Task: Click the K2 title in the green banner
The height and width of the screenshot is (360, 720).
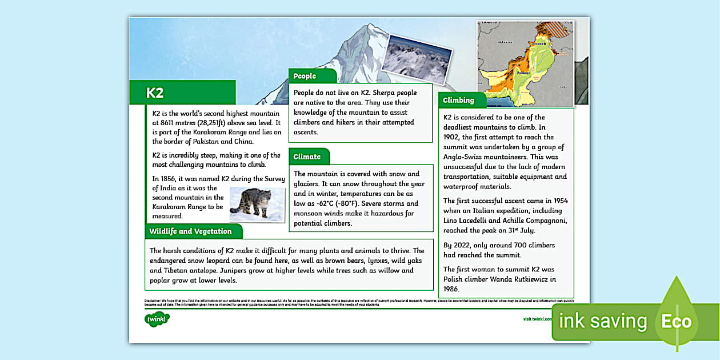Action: coord(155,93)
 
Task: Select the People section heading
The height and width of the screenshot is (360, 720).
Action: coord(305,76)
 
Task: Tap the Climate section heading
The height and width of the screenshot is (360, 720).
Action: coord(307,157)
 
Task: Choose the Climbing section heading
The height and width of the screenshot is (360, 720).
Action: coord(459,100)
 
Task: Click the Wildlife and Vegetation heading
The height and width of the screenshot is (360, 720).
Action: coord(190,231)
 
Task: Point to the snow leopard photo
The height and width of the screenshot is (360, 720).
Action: coord(257,204)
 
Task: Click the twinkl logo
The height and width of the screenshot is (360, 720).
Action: coord(157,319)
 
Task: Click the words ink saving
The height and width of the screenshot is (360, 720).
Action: coord(602,321)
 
